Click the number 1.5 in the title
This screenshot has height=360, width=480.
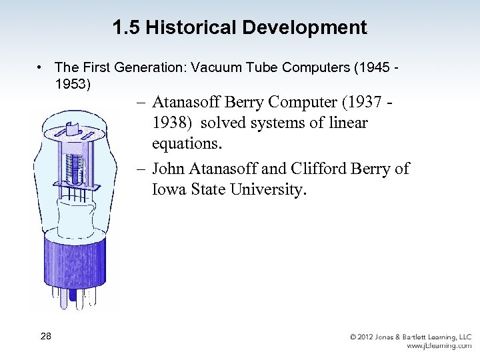coord(126,28)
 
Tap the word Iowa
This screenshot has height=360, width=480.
coord(168,189)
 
